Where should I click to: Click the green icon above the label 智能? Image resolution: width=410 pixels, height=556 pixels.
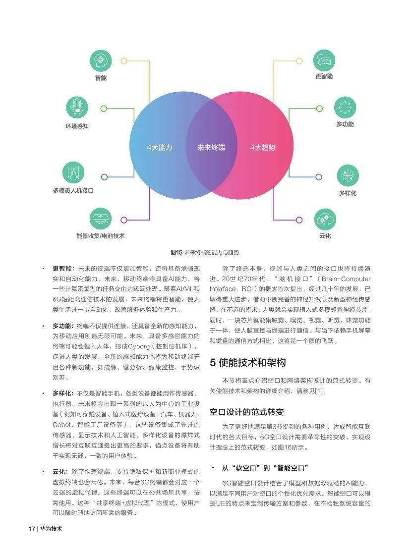[x=101, y=61]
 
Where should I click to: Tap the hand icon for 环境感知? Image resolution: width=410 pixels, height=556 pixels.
[x=77, y=108]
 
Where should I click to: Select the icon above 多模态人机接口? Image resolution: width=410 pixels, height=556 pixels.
[x=73, y=172]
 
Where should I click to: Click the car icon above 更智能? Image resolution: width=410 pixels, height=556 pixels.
[x=324, y=60]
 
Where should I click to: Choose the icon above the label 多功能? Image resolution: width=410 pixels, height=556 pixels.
[x=345, y=108]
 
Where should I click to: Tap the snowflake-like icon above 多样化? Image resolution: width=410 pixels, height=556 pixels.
[x=348, y=175]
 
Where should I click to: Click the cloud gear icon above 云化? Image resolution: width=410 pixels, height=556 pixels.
[x=325, y=220]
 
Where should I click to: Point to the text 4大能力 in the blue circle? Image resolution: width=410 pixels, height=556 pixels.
[x=159, y=148]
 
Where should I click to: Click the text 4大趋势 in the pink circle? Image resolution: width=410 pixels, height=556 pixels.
[x=262, y=148]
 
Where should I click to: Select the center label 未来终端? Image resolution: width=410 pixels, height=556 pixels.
[x=211, y=148]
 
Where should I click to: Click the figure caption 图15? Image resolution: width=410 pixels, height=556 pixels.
[x=176, y=252]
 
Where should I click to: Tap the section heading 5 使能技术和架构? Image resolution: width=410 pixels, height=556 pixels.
[x=247, y=362]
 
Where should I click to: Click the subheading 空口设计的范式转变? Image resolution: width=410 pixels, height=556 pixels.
[x=247, y=412]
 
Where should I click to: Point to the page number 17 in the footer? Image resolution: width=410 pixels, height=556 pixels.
[x=32, y=529]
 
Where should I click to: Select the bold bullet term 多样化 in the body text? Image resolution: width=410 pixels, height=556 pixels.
[x=62, y=393]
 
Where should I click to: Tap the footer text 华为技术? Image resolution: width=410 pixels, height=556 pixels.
[x=51, y=529]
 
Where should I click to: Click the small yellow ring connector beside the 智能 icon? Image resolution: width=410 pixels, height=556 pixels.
[x=124, y=61]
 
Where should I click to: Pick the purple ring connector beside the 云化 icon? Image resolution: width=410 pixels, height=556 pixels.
[x=299, y=220]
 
